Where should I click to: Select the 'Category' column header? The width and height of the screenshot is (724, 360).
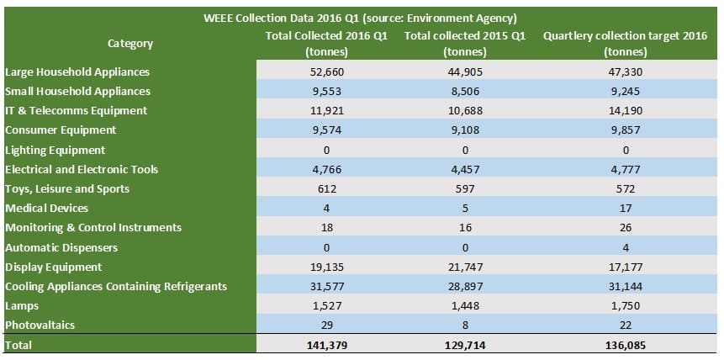pos(130,43)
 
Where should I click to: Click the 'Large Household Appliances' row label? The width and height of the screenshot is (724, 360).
pos(77,72)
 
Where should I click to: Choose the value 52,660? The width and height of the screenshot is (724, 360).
pos(326,72)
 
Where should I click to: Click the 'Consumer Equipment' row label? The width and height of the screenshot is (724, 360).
pos(61,130)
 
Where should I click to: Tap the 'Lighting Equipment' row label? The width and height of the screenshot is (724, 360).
pos(55,150)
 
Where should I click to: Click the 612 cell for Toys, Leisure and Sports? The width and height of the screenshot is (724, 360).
pos(326,188)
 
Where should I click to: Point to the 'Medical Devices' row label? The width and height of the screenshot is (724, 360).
pos(46,208)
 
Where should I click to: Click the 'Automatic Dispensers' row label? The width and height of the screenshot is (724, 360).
pos(61,247)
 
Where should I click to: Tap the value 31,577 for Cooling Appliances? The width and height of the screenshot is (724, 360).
pos(326,286)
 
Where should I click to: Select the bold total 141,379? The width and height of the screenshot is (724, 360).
pos(326,346)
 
